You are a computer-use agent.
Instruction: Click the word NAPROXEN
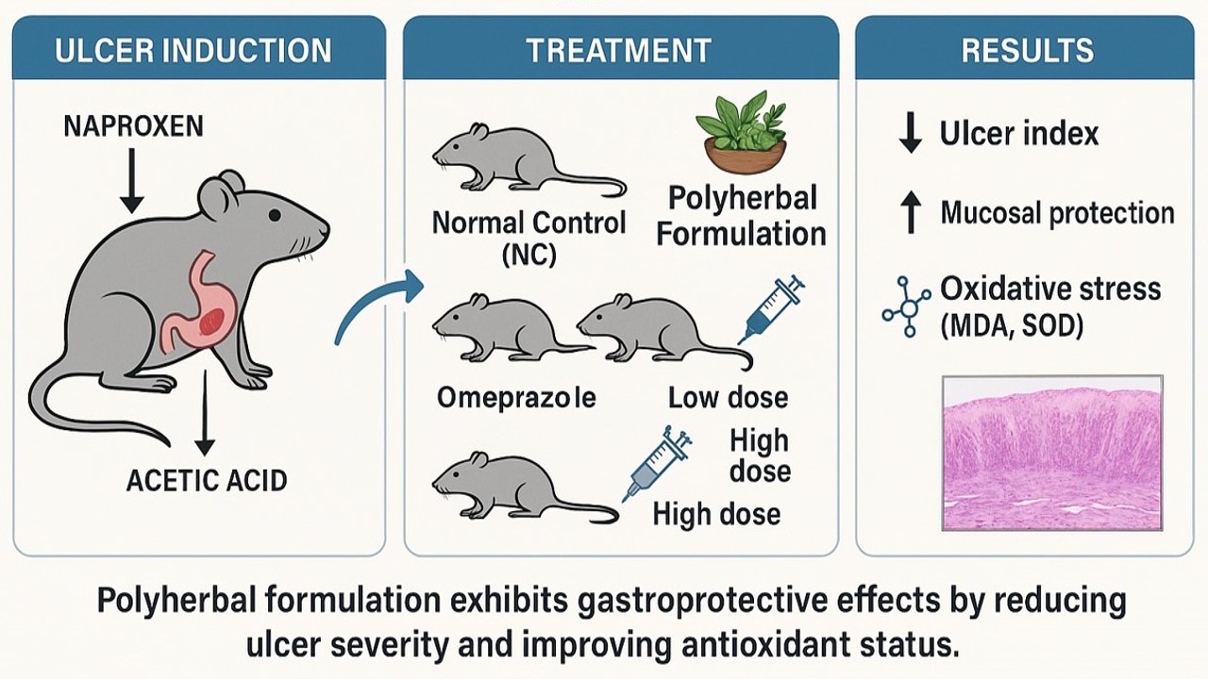pos(133,126)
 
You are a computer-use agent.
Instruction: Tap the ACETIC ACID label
pos(207,480)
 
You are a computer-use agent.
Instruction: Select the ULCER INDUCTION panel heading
pos(193,50)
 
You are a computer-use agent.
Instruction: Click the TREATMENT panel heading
pos(620,50)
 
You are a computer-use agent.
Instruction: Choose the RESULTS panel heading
pos(1028,50)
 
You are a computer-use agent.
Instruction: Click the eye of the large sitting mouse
pos(274,215)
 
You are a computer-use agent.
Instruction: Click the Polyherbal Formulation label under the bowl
pos(742,217)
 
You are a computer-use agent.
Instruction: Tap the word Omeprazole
pos(516,398)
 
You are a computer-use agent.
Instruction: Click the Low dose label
pos(728,398)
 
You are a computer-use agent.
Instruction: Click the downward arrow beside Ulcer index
pos(910,134)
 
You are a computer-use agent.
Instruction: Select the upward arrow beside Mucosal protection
pos(910,212)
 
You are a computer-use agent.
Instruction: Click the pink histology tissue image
pos(1052,453)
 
